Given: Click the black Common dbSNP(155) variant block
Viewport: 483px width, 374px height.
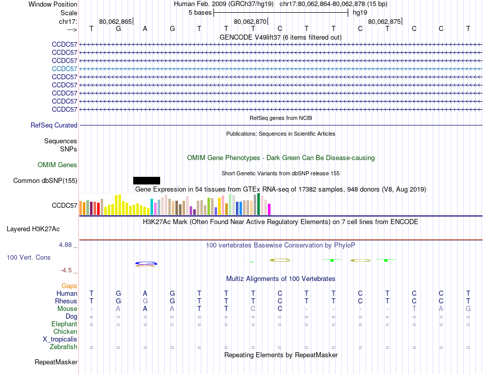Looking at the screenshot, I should [x=146, y=180].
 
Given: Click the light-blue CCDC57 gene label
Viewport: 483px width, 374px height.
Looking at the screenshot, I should [x=65, y=69].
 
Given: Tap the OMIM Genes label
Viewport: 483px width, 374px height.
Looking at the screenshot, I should [x=57, y=165].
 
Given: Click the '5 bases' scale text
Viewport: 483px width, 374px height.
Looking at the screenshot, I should [x=200, y=12].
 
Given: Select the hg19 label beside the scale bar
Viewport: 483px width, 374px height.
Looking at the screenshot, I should [x=360, y=12].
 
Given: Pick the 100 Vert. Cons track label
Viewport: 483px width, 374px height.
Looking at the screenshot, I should [x=28, y=258].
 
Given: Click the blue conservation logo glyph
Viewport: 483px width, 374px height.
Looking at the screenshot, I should [x=146, y=263].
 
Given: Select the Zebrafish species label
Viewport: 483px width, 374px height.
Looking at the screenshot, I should [x=64, y=347].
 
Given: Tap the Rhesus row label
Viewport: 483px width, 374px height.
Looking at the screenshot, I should [x=66, y=301].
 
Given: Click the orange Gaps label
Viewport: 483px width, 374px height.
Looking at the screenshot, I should [x=69, y=286].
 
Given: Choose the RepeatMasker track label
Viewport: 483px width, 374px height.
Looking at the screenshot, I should [x=56, y=362].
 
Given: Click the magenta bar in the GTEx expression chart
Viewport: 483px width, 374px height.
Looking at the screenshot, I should [x=269, y=209].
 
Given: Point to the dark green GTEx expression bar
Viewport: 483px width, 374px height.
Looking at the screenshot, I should [x=258, y=204].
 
